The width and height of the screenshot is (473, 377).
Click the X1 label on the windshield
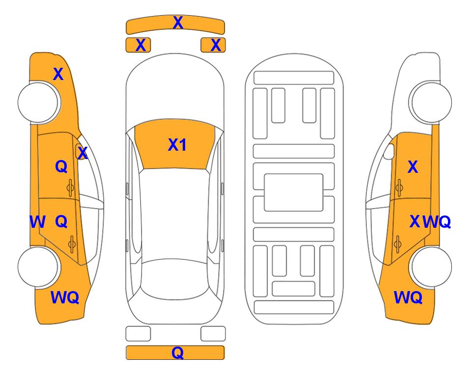pos(177,145)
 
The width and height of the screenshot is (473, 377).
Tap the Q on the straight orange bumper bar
pos(178,352)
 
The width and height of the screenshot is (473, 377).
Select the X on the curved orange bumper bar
pos(178,23)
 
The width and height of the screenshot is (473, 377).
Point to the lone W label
pos(37,222)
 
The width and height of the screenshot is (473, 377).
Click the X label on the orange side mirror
pos(83,153)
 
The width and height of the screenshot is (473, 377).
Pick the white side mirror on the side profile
pos(389,152)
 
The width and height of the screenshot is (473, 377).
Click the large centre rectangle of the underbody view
pos(294,192)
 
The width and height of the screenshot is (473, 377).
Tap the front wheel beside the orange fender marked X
pos(39,103)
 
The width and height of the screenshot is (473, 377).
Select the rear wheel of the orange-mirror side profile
pos(39,267)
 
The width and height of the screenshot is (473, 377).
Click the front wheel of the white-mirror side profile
pos(430,103)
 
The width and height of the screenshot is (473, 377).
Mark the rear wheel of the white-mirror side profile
pos(430,267)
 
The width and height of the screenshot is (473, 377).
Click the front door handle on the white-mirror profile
pos(399,188)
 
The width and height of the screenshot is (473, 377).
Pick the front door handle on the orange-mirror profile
pos(70,188)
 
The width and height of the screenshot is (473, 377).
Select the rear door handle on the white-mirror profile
pos(397,243)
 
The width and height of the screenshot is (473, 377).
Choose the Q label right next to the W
pos(61,222)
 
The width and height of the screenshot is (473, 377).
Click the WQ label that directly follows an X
pos(437,222)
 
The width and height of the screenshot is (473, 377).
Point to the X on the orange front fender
pos(58,74)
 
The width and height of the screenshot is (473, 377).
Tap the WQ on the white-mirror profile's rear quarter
pos(408,297)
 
